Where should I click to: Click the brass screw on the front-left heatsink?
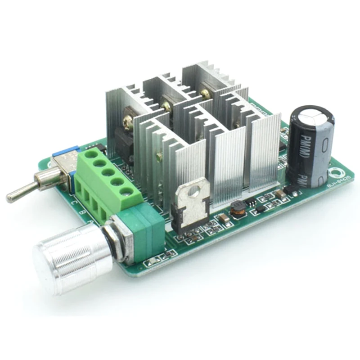click(159, 156)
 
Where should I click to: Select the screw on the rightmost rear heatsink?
click(206, 94)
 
